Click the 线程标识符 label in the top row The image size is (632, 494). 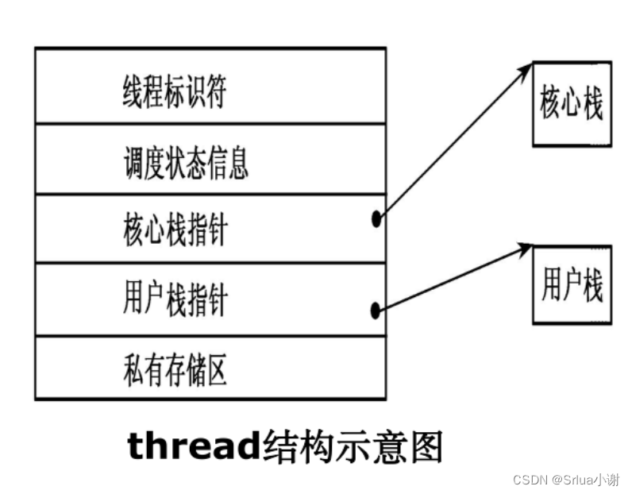coord(174,93)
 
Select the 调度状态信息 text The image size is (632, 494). coord(186,163)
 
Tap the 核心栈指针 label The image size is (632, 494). coord(175,231)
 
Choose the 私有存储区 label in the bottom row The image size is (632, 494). coord(175,369)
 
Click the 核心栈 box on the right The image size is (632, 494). coord(571,104)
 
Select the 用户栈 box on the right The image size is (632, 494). coord(571,284)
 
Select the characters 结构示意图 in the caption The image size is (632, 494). coord(352,447)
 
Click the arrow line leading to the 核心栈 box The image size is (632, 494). coord(453,144)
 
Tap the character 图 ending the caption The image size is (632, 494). coord(425,447)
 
